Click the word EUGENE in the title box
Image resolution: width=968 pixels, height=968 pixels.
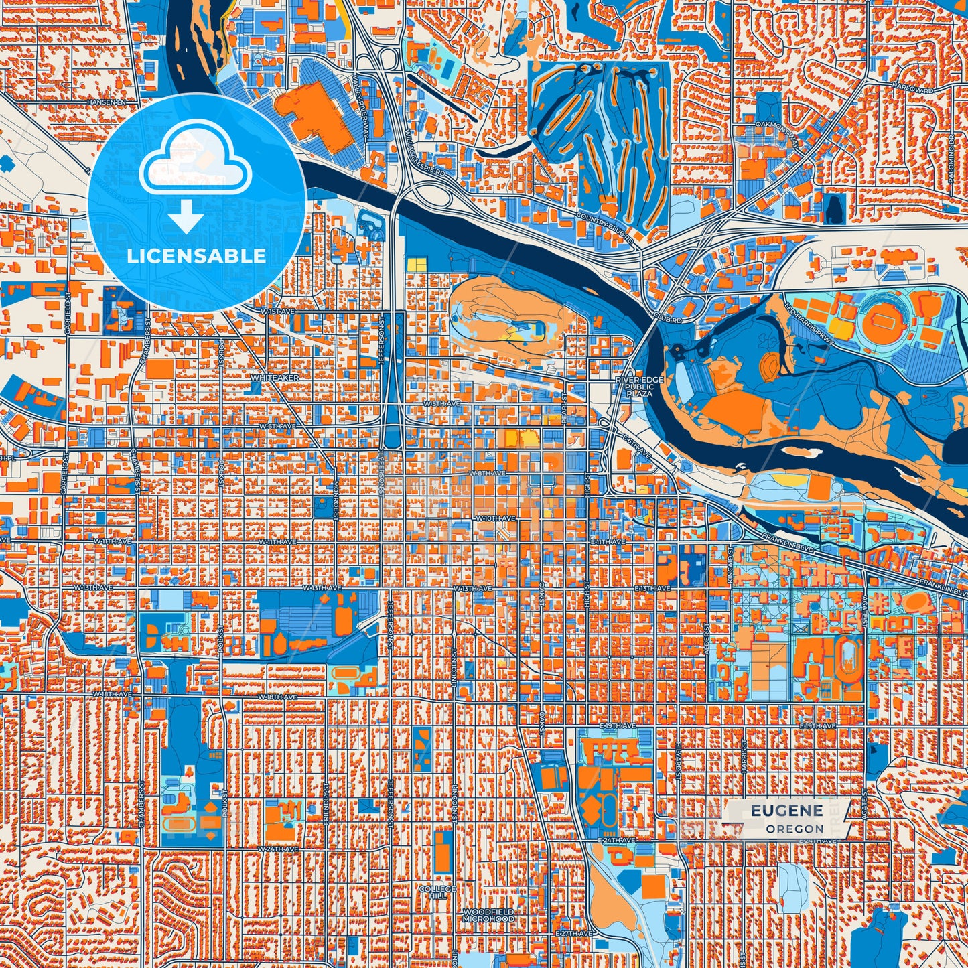[x=786, y=811]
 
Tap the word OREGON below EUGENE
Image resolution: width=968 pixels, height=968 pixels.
[x=795, y=829]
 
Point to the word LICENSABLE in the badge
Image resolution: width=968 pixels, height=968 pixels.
[x=196, y=256]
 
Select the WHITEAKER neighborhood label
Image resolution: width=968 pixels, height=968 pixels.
[x=275, y=378]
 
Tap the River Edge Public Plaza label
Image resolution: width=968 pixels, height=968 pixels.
[x=640, y=387]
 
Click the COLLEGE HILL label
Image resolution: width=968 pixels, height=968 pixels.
[x=437, y=892]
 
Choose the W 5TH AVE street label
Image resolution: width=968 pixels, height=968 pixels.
[x=442, y=403]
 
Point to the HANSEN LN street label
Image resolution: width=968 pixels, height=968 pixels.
[x=107, y=102]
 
